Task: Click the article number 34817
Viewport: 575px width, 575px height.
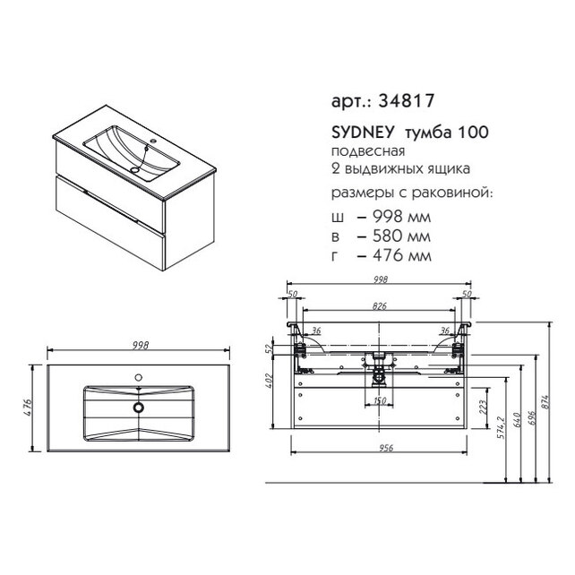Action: (x=407, y=100)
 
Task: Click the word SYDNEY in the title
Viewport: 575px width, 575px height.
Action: (x=363, y=133)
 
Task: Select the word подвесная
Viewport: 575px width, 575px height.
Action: (x=368, y=151)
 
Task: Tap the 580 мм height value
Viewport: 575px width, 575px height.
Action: (x=401, y=236)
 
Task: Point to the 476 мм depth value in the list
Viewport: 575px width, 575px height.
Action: (x=402, y=255)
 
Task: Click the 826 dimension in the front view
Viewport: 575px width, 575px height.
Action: (x=380, y=305)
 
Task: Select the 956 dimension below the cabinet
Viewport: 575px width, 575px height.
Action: (x=386, y=448)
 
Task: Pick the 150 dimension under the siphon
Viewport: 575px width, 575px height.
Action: (x=380, y=400)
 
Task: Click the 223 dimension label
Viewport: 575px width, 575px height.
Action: (x=483, y=407)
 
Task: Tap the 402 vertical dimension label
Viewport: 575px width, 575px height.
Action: (x=268, y=381)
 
